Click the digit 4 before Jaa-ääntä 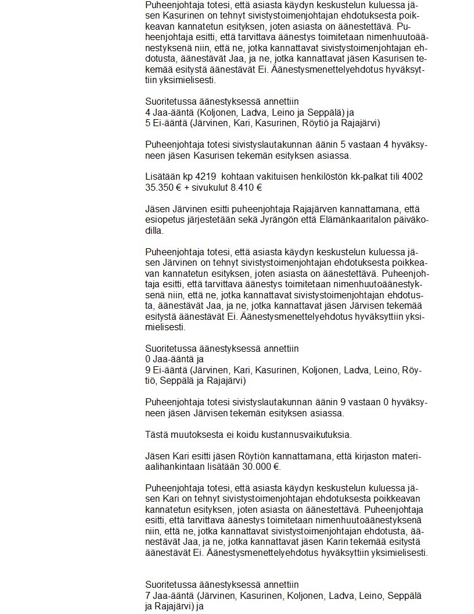[x=148, y=112]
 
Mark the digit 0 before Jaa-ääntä [x=148, y=359]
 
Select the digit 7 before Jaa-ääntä [x=148, y=595]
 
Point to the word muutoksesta [x=195, y=434]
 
